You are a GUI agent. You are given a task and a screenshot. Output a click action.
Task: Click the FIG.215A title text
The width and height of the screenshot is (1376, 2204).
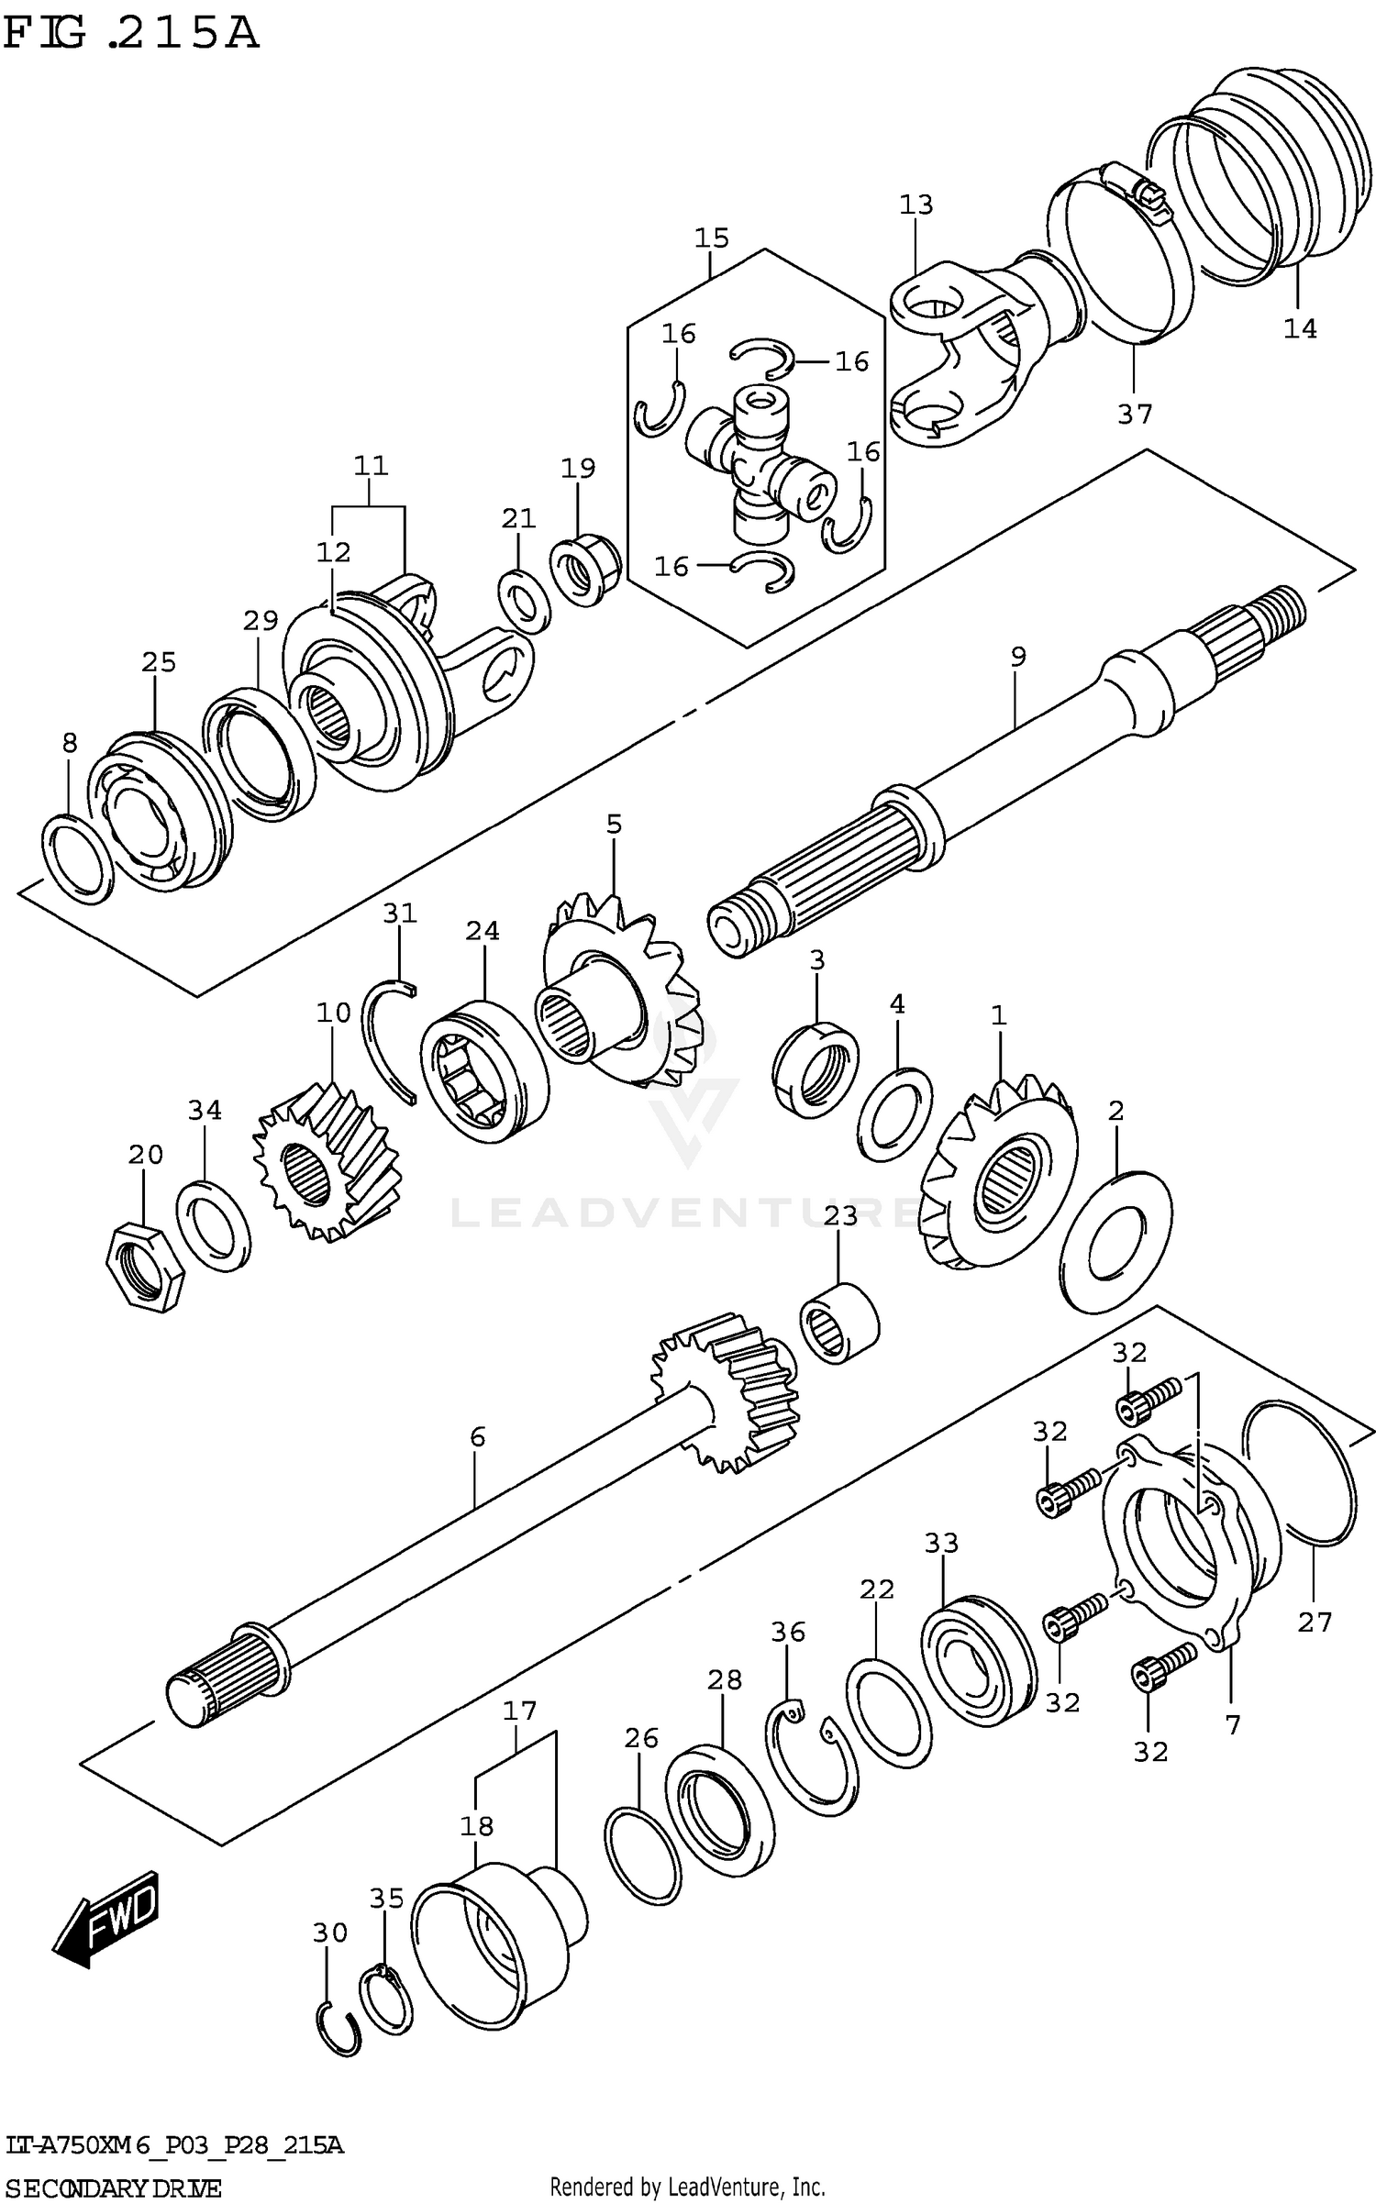click(130, 34)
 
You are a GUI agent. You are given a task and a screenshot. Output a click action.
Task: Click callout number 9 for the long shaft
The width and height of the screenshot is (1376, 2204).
click(1017, 657)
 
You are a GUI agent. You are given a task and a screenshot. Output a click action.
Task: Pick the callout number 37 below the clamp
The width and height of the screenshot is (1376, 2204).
click(1134, 415)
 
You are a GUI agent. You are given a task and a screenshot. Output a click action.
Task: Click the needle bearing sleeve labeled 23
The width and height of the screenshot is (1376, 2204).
click(838, 1324)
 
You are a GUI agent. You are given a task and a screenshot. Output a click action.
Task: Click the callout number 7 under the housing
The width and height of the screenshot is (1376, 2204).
click(1232, 1724)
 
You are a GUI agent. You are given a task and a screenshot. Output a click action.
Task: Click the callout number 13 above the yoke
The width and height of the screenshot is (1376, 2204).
click(915, 204)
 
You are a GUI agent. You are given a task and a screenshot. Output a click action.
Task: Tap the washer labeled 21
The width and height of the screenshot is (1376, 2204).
click(525, 602)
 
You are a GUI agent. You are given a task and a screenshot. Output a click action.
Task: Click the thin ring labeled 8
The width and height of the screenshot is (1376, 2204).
click(77, 857)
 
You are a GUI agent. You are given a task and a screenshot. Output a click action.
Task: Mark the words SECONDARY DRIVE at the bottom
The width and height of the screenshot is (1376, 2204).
click(114, 2188)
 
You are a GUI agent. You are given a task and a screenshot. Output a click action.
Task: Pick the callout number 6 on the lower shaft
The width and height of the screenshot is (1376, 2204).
click(477, 1437)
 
